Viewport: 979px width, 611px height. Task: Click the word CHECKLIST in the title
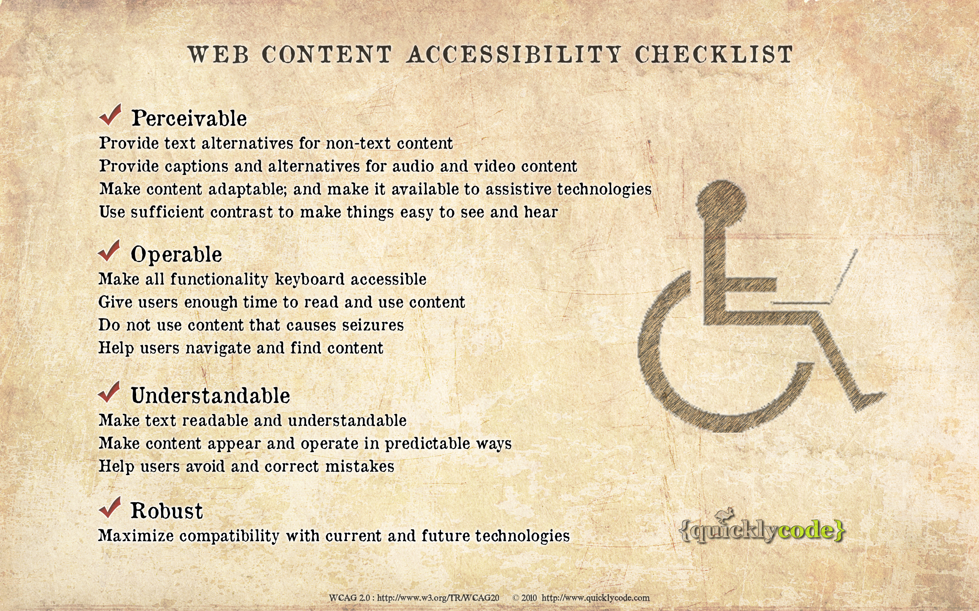[x=714, y=54]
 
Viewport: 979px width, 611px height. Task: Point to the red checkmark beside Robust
[x=110, y=508]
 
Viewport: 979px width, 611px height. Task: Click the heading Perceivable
[x=189, y=118]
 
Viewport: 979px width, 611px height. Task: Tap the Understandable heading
[x=210, y=395]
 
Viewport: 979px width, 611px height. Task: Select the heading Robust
[x=167, y=511]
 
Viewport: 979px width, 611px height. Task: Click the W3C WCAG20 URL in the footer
[x=438, y=598]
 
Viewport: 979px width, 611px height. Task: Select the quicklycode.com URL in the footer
[x=595, y=598]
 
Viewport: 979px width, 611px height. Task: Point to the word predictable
[x=427, y=444]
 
